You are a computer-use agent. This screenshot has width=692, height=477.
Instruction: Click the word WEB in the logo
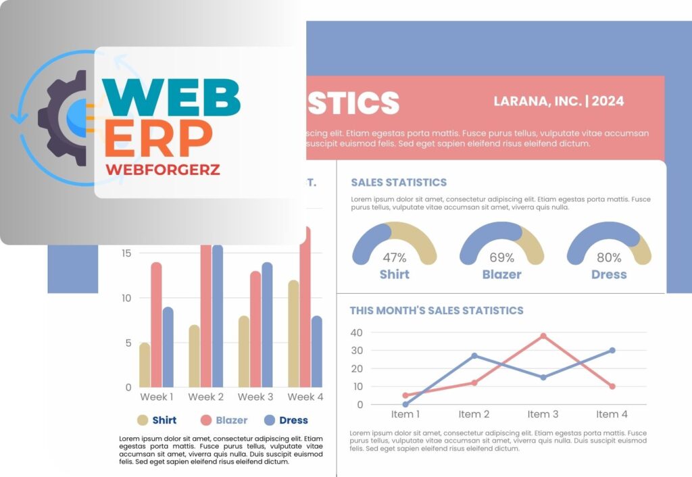[x=172, y=99]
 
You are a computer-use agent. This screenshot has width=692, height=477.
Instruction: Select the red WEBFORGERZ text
[x=163, y=170]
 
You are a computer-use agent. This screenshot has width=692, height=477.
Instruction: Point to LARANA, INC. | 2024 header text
[x=559, y=101]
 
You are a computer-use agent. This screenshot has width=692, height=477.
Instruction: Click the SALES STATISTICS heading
[x=399, y=182]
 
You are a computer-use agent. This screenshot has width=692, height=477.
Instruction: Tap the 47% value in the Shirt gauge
[x=395, y=257]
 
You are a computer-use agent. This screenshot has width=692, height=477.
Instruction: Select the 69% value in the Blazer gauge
[x=501, y=257]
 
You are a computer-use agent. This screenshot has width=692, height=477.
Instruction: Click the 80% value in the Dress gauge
[x=609, y=257]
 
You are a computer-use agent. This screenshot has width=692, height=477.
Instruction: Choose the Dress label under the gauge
[x=609, y=274]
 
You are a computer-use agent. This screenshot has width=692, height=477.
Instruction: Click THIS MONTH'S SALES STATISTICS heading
[x=437, y=311]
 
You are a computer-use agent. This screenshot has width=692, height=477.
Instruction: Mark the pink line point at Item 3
[x=543, y=336]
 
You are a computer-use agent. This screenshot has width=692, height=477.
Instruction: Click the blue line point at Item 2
[x=474, y=355]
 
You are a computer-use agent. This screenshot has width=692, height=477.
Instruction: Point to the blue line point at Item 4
[x=612, y=350]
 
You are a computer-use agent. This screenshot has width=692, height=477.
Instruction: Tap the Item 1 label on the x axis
[x=405, y=414]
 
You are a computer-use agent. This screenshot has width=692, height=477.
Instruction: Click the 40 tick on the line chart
[x=357, y=332]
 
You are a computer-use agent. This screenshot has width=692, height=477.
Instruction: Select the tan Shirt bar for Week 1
[x=145, y=365]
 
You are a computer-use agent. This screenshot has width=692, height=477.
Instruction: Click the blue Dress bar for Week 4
[x=317, y=351]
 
